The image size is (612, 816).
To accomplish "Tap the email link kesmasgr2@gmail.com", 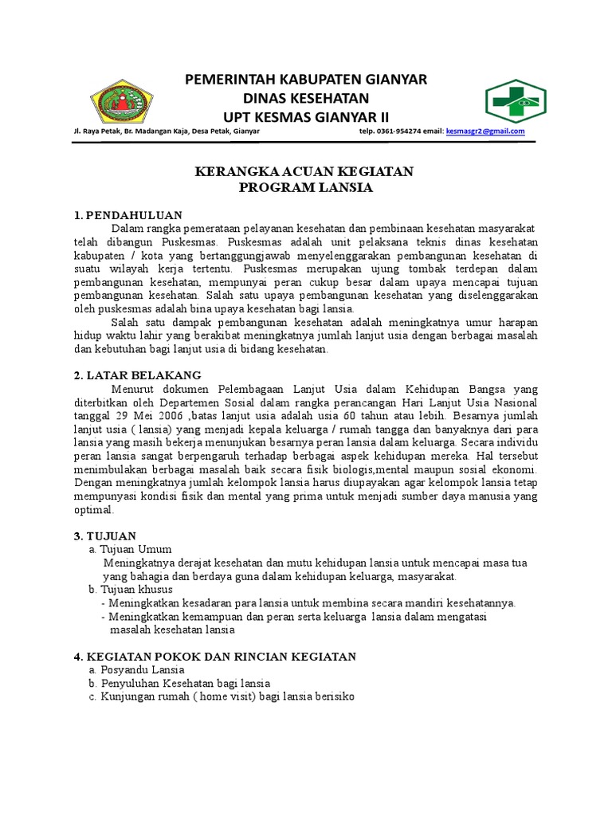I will click(485, 131).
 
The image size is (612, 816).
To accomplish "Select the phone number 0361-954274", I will click(400, 131).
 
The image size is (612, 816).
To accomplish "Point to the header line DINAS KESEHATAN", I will click(306, 98).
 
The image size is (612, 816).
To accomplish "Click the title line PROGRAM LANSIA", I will click(306, 188).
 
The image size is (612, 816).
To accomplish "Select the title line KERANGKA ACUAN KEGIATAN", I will click(306, 172).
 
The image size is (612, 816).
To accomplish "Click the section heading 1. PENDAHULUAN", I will click(128, 215).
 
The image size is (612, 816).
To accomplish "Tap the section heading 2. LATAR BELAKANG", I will click(138, 375).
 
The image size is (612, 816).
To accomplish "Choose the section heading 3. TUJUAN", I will click(105, 535).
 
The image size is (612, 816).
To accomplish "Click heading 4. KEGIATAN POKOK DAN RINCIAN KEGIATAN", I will click(214, 656).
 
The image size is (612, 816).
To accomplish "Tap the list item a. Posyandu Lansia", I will click(137, 669).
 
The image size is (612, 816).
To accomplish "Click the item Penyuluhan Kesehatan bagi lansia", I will click(185, 683).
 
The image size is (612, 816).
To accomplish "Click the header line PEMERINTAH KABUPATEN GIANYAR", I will click(306, 79).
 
